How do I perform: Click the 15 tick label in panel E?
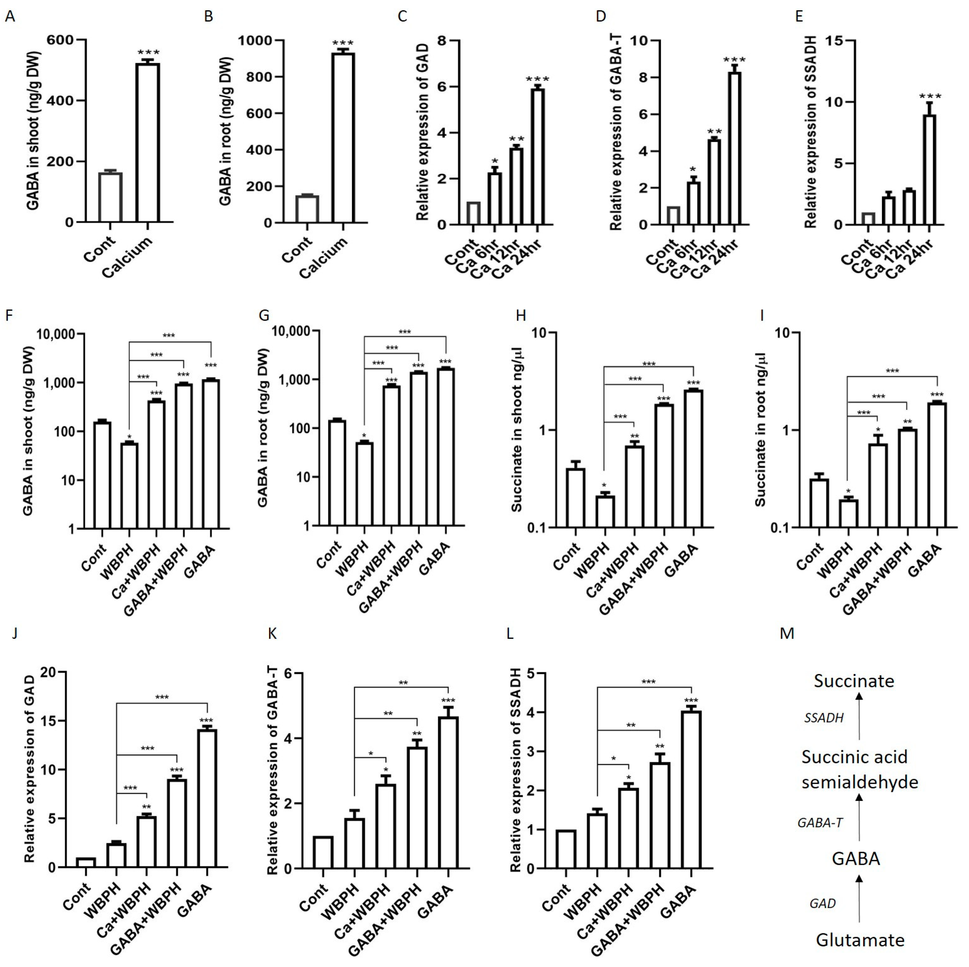827,41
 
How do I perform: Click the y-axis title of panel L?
517,772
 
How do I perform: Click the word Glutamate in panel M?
860,939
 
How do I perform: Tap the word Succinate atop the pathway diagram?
854,681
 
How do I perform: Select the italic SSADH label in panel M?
824,718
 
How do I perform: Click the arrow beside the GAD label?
859,898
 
